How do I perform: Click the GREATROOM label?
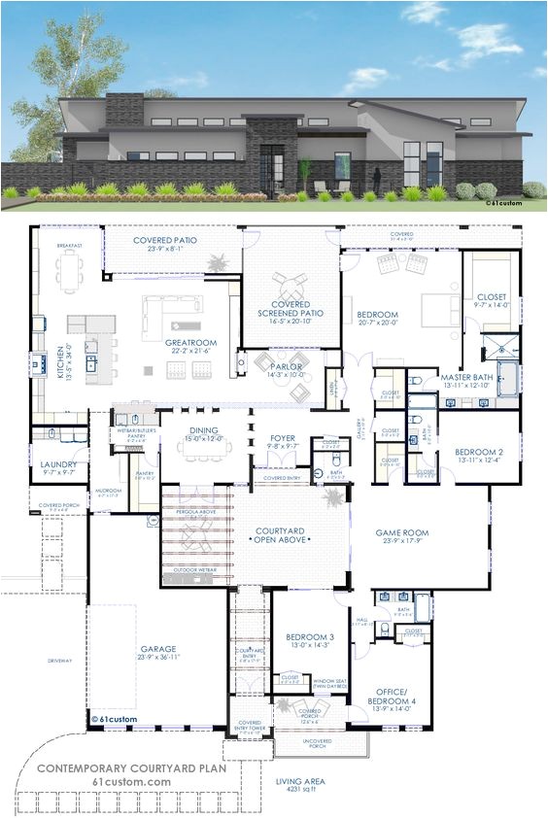pos(190,343)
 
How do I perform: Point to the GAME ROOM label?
pos(403,532)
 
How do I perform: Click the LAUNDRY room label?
pos(57,465)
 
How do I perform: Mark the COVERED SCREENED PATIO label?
pos(291,307)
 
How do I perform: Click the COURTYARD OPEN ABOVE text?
pos(280,535)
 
